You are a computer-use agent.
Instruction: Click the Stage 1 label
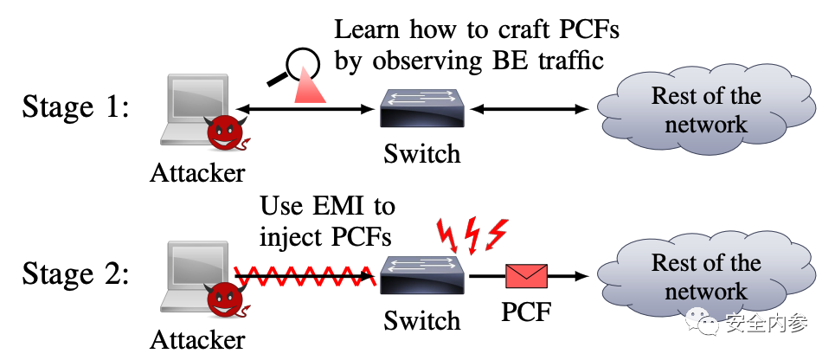click(75, 108)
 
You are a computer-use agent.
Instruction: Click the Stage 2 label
click(75, 275)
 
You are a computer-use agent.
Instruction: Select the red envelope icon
click(527, 277)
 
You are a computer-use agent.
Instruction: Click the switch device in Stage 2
click(422, 276)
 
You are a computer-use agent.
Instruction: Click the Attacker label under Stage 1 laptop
click(197, 172)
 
